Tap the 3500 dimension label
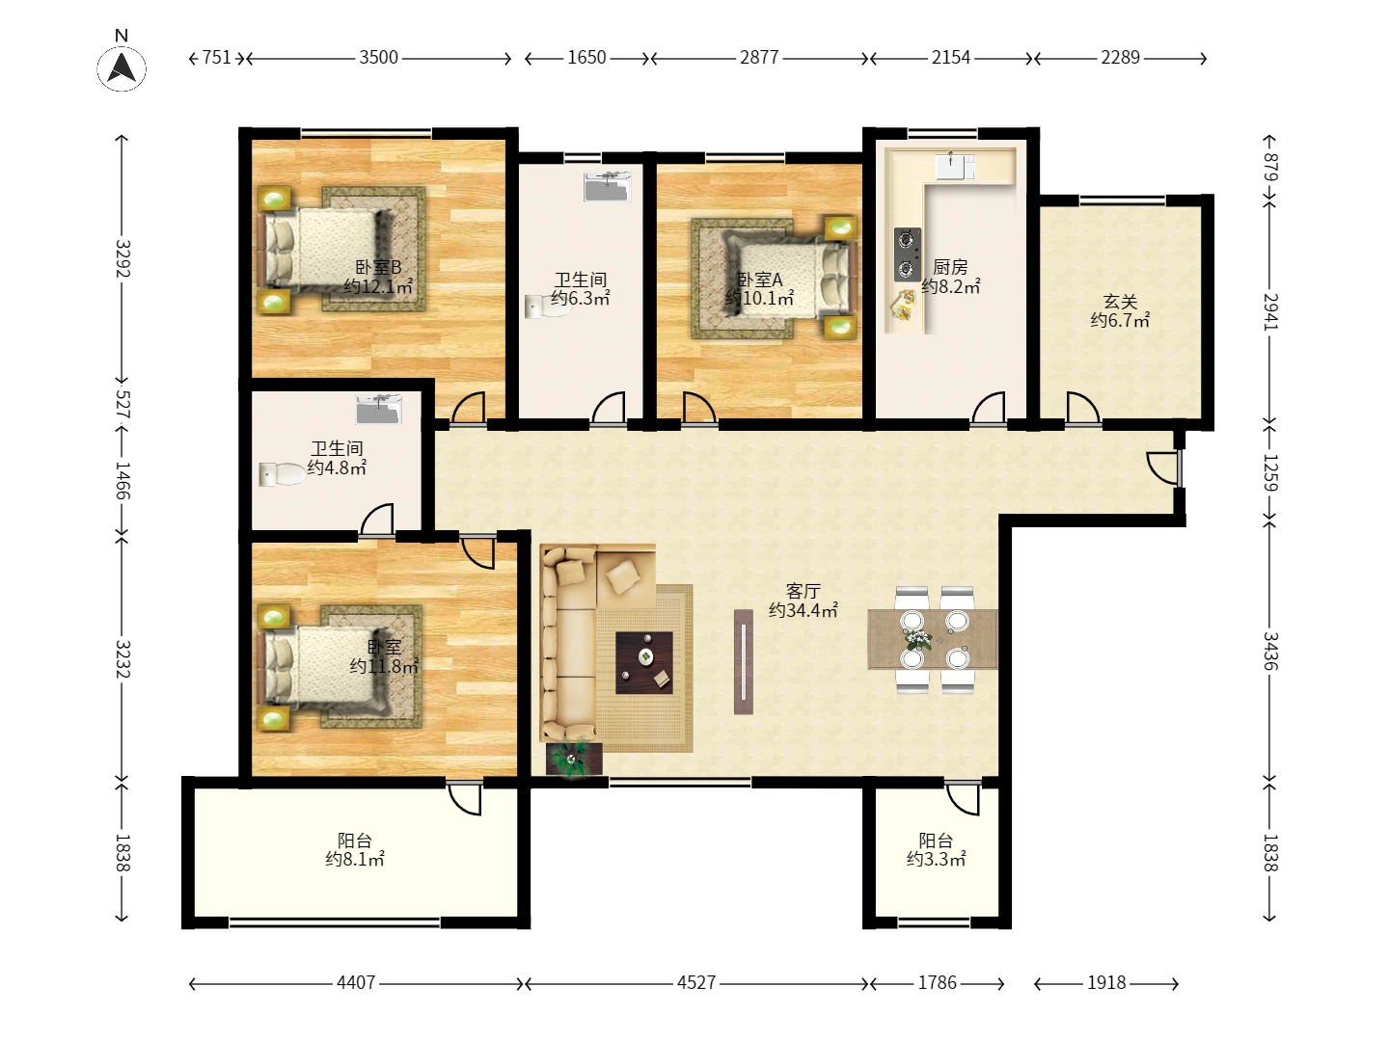click(378, 58)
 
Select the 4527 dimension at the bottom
click(696, 982)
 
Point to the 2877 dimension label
click(759, 58)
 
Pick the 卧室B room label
click(378, 267)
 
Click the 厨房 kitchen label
click(950, 267)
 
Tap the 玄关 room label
click(1120, 302)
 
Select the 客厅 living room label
click(803, 591)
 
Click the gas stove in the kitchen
click(908, 254)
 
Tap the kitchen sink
click(955, 166)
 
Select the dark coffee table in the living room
click(644, 662)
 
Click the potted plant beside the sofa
click(574, 760)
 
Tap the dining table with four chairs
click(933, 640)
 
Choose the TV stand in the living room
click(744, 662)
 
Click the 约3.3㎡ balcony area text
click(936, 859)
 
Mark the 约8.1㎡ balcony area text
click(355, 859)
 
